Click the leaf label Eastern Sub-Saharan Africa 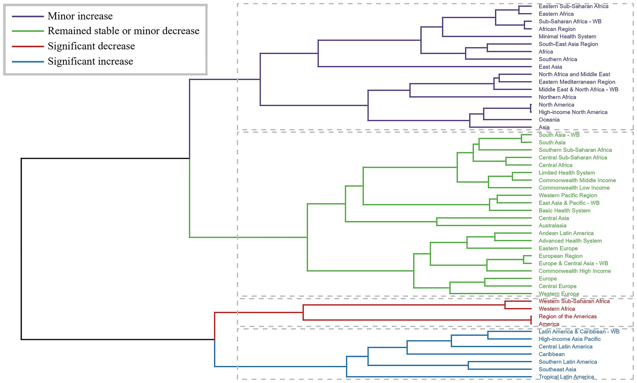point(573,6)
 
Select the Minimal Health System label point(567,37)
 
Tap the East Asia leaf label point(550,67)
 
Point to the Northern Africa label point(557,97)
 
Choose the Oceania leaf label point(549,120)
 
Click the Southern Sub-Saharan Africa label point(575,150)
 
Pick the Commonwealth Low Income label point(574,188)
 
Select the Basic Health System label point(564,211)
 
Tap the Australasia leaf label point(552,226)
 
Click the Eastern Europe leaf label point(558,249)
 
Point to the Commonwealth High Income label point(574,271)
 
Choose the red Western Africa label point(557,309)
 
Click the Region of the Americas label point(567,317)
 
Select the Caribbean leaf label point(551,355)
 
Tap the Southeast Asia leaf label point(557,370)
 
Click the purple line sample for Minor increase point(28,16)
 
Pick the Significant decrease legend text point(91,46)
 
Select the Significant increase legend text point(90,61)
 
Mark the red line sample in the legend point(28,46)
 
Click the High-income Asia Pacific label point(569,339)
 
